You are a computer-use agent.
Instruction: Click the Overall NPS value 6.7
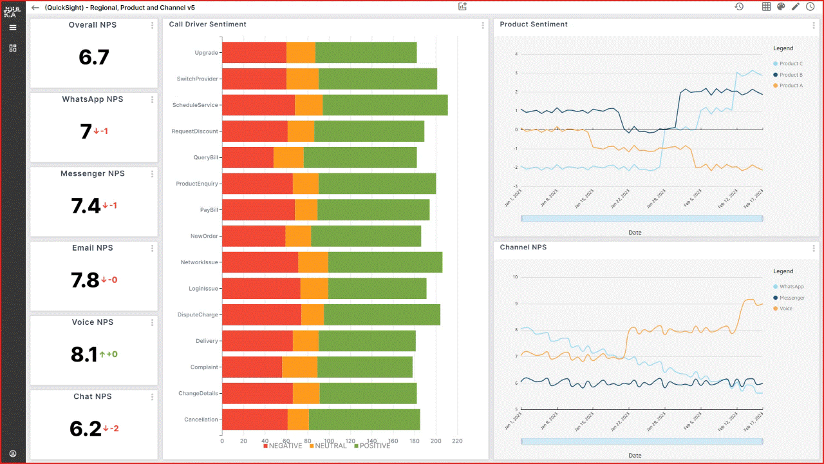point(94,57)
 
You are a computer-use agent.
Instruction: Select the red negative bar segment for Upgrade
point(254,53)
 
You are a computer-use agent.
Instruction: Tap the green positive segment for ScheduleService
point(385,105)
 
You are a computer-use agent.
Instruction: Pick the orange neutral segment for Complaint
point(299,367)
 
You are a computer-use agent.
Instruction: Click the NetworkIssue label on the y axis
point(199,262)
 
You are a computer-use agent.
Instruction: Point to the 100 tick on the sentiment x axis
point(329,441)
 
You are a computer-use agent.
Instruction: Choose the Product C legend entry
point(791,64)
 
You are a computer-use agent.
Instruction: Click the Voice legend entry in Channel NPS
point(785,309)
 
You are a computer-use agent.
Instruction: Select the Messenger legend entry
point(792,298)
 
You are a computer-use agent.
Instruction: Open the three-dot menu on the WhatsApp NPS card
point(153,100)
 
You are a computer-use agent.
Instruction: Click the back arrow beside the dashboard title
point(35,8)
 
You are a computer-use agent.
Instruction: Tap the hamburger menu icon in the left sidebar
point(13,28)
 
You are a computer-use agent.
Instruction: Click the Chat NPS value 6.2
point(86,429)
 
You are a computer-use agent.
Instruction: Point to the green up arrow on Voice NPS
point(102,354)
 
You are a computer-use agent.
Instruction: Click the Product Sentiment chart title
point(534,24)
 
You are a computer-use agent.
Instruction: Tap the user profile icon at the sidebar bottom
point(13,454)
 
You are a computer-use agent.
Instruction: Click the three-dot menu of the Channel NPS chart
point(814,248)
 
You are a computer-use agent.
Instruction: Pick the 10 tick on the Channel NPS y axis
point(514,277)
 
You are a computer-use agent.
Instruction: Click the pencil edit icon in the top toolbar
point(795,7)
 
